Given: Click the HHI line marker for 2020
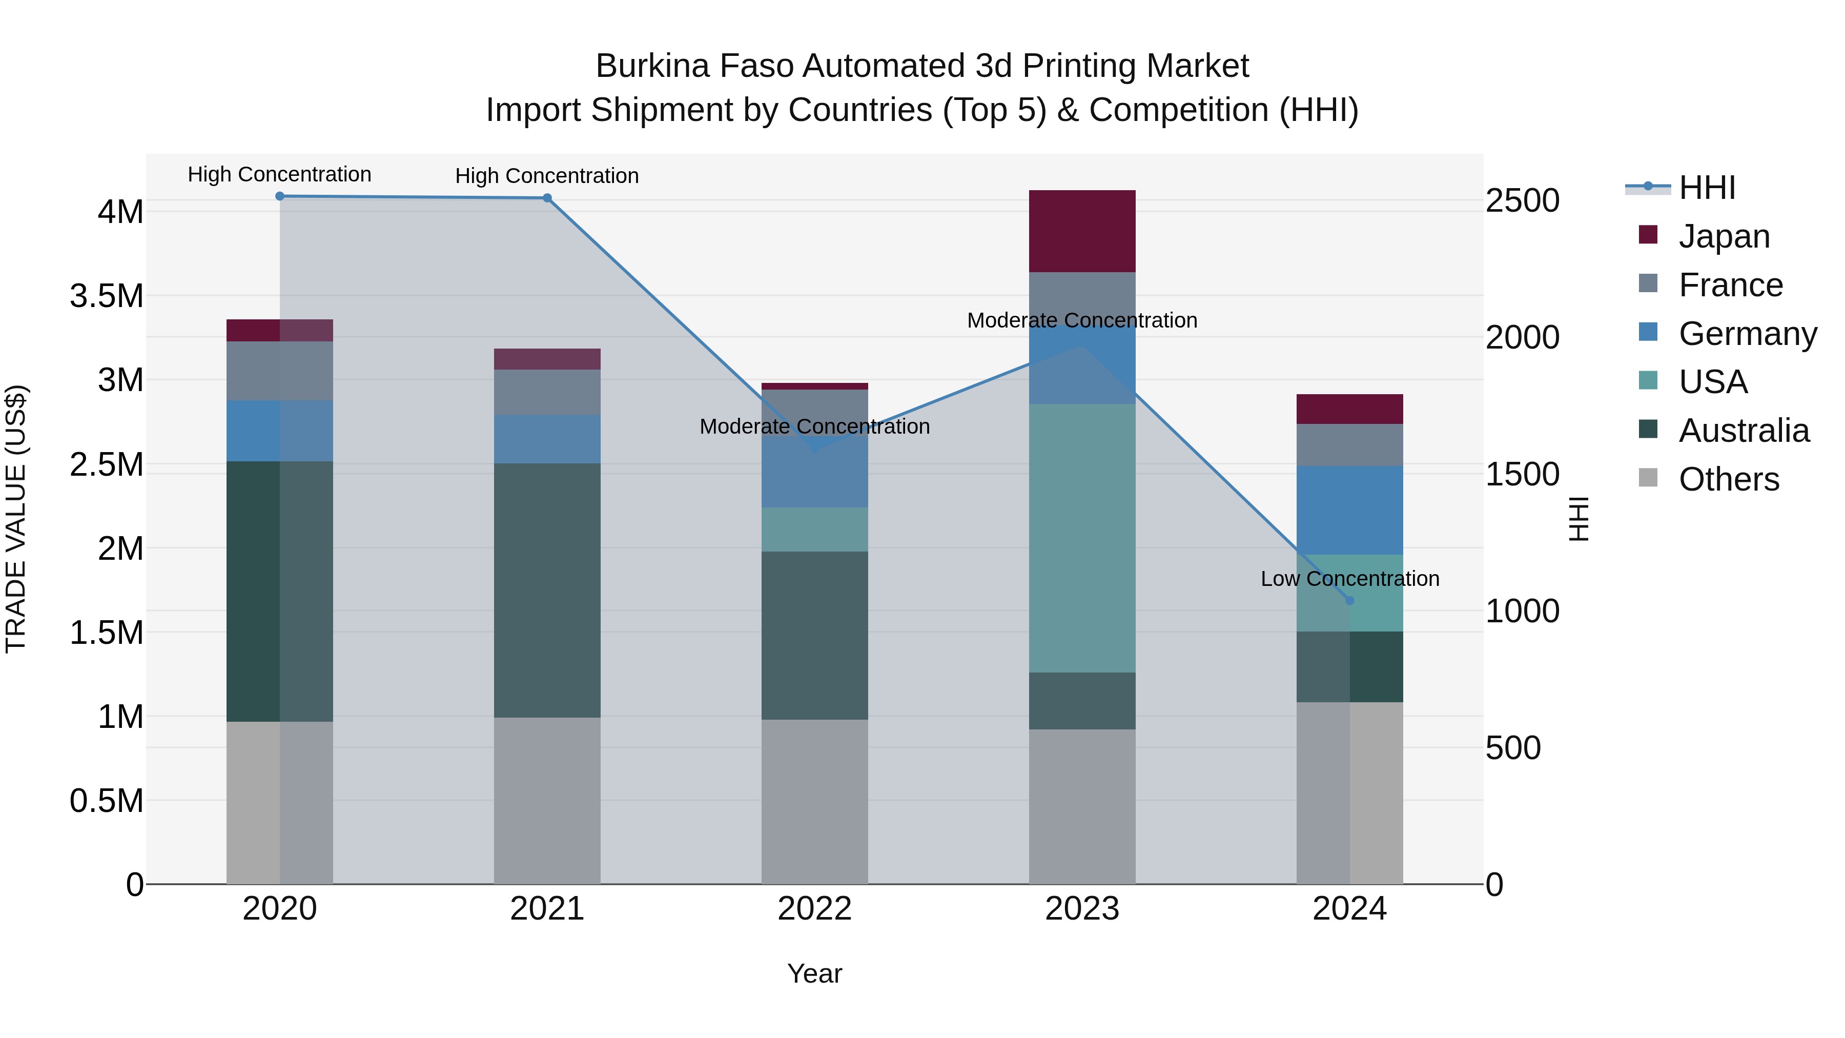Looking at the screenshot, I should coord(280,196).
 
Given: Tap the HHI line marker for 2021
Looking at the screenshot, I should coord(547,198).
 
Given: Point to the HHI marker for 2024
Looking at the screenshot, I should coord(1349,600).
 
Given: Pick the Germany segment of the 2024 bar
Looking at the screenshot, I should coord(1349,510).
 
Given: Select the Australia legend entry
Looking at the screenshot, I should coord(1744,431).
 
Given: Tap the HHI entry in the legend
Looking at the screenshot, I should coord(1707,188).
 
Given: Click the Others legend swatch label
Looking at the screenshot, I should coord(1728,479).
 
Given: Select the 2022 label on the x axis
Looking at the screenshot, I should coord(814,908).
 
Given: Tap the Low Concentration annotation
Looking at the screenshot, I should coord(1349,578).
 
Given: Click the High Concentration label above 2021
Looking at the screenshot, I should coord(547,175).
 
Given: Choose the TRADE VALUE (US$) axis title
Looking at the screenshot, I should coord(16,519).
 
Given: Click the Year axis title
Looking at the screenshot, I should coord(814,973).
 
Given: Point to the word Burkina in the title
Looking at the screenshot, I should coord(652,66).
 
